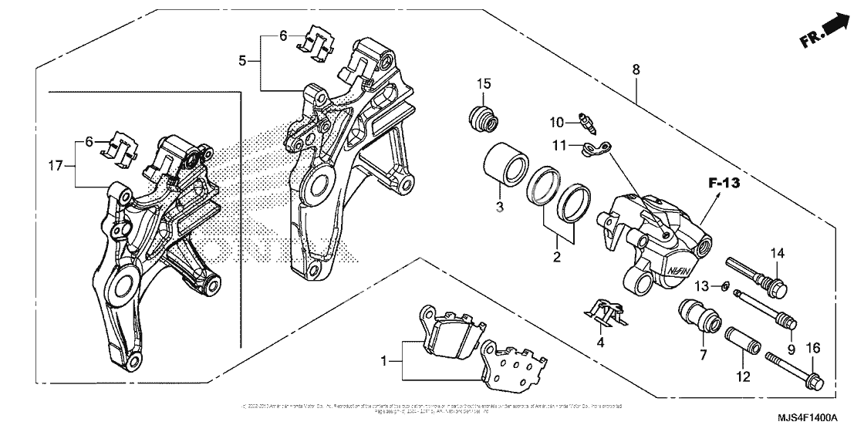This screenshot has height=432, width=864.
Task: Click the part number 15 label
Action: pyautogui.click(x=483, y=83)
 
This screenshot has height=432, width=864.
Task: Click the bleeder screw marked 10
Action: pyautogui.click(x=587, y=122)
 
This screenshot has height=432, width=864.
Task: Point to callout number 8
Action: pyautogui.click(x=635, y=69)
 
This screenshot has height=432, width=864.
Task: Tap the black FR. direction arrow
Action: pyautogui.click(x=832, y=28)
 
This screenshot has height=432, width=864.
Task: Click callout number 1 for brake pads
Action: pyautogui.click(x=385, y=359)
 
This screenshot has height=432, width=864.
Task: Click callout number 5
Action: pyautogui.click(x=242, y=61)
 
